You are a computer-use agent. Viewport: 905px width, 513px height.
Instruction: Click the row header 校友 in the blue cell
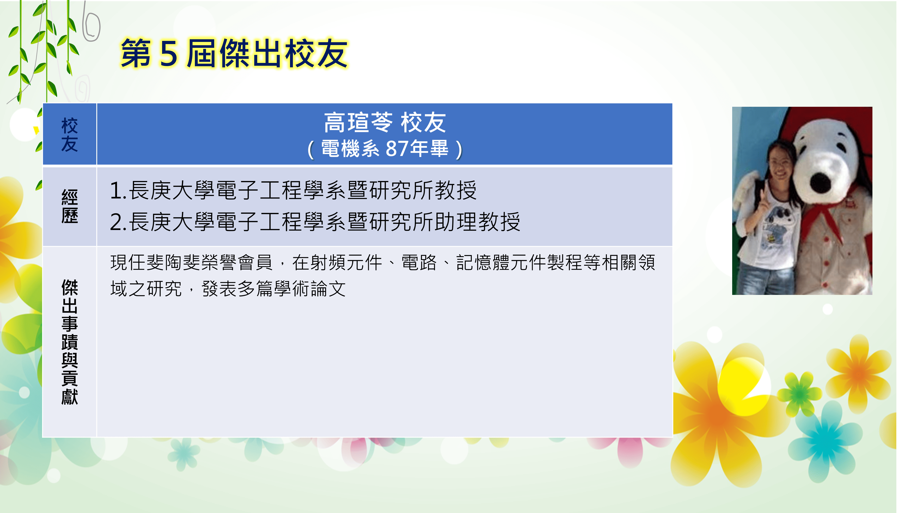pyautogui.click(x=70, y=135)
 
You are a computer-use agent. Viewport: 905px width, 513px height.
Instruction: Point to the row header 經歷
pyautogui.click(x=70, y=206)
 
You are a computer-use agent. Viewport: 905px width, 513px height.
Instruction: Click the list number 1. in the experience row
pyautogui.click(x=118, y=191)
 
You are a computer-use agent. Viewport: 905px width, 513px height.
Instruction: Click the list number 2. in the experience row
pyautogui.click(x=118, y=222)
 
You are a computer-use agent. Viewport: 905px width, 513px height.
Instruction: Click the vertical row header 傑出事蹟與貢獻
pyautogui.click(x=70, y=342)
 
